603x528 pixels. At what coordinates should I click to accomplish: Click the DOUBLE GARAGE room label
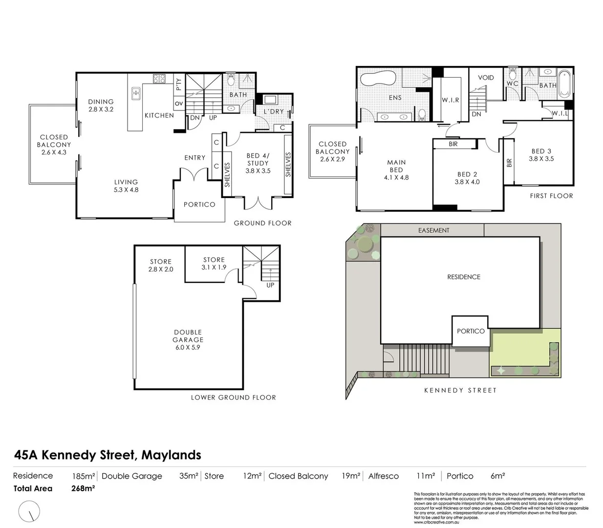click(x=188, y=336)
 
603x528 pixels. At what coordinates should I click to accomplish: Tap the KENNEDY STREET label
click(x=460, y=390)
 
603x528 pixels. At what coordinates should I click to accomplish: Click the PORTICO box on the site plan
click(x=470, y=331)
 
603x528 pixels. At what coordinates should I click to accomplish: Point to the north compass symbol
click(x=29, y=512)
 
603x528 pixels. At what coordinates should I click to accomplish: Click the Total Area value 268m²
click(x=83, y=488)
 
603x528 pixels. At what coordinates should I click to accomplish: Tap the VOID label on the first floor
click(x=486, y=78)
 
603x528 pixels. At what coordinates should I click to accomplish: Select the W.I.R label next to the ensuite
click(x=450, y=100)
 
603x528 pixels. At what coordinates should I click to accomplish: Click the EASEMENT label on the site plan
click(x=433, y=230)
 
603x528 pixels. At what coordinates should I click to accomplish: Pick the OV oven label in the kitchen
click(x=179, y=104)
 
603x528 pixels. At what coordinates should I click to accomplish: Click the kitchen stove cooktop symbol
click(x=159, y=78)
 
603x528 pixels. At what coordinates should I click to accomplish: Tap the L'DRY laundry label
click(x=274, y=111)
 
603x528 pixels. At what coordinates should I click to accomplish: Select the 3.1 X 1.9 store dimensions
click(x=214, y=267)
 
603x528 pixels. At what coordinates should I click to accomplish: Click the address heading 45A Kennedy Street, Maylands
click(x=108, y=455)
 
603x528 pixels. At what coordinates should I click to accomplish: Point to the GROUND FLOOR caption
click(x=262, y=223)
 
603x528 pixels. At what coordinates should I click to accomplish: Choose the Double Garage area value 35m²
click(x=189, y=476)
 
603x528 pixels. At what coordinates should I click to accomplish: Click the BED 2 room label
click(x=467, y=174)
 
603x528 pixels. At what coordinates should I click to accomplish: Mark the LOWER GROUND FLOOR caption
click(x=233, y=397)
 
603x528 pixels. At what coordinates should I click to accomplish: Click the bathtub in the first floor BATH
click(x=564, y=83)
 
